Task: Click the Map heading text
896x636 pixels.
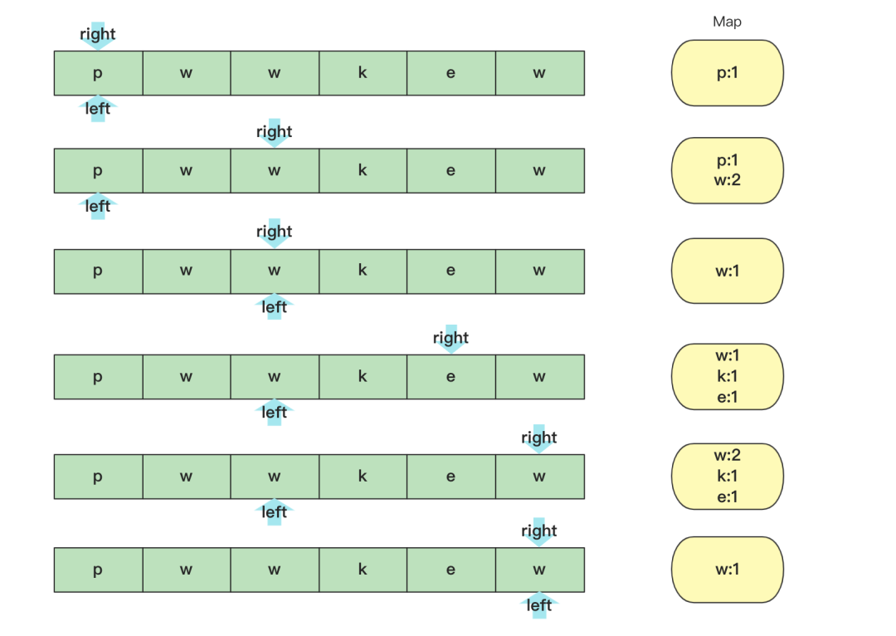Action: coord(727,22)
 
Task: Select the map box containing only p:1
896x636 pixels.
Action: coord(727,73)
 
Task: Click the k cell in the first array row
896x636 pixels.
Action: coord(363,73)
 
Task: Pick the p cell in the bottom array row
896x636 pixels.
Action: coord(98,570)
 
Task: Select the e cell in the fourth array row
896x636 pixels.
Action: coord(450,377)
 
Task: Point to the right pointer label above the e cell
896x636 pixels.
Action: coord(450,338)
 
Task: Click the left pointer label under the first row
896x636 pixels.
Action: coord(98,109)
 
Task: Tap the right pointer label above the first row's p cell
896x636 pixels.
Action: coord(98,35)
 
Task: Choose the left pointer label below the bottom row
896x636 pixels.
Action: coord(539,605)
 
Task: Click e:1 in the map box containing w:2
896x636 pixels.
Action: coord(727,497)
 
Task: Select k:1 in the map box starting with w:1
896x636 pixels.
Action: coord(727,376)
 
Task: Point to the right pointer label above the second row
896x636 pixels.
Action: coord(275,132)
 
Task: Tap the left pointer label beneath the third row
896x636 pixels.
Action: coord(275,307)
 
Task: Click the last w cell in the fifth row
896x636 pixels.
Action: coord(539,477)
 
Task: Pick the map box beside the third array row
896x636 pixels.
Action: coord(727,271)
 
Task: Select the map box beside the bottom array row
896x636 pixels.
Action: coord(727,570)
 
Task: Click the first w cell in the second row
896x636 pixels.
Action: coord(186,171)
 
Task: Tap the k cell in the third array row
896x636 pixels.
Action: coord(363,272)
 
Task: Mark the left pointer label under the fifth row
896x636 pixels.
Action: coord(275,512)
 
